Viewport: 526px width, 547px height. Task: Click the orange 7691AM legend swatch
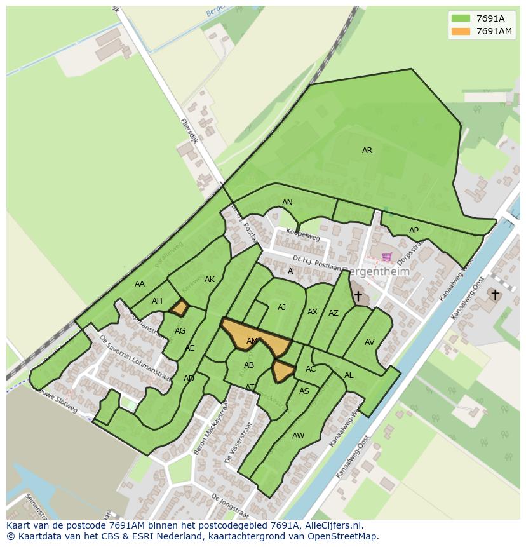(x=461, y=32)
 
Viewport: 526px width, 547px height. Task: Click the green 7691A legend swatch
(x=461, y=18)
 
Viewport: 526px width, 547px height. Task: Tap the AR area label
(x=367, y=151)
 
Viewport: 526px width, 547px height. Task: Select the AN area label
(x=287, y=203)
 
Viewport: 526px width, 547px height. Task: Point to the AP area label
(x=414, y=231)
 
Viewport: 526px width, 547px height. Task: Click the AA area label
(x=140, y=284)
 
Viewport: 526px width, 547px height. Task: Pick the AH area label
(x=157, y=301)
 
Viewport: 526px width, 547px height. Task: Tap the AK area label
(x=210, y=280)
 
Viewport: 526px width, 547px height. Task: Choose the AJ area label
(x=281, y=307)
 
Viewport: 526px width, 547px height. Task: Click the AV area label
(x=369, y=342)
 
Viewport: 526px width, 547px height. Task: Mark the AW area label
(x=298, y=436)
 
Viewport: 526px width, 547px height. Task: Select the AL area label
(x=349, y=375)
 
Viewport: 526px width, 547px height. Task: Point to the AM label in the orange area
(x=252, y=341)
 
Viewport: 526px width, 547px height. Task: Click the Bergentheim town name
(x=375, y=271)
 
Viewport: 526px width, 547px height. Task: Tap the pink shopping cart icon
(x=386, y=257)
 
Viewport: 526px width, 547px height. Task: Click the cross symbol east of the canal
(x=494, y=294)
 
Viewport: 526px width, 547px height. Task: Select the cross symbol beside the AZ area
(x=358, y=296)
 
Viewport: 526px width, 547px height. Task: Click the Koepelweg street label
(x=302, y=235)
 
